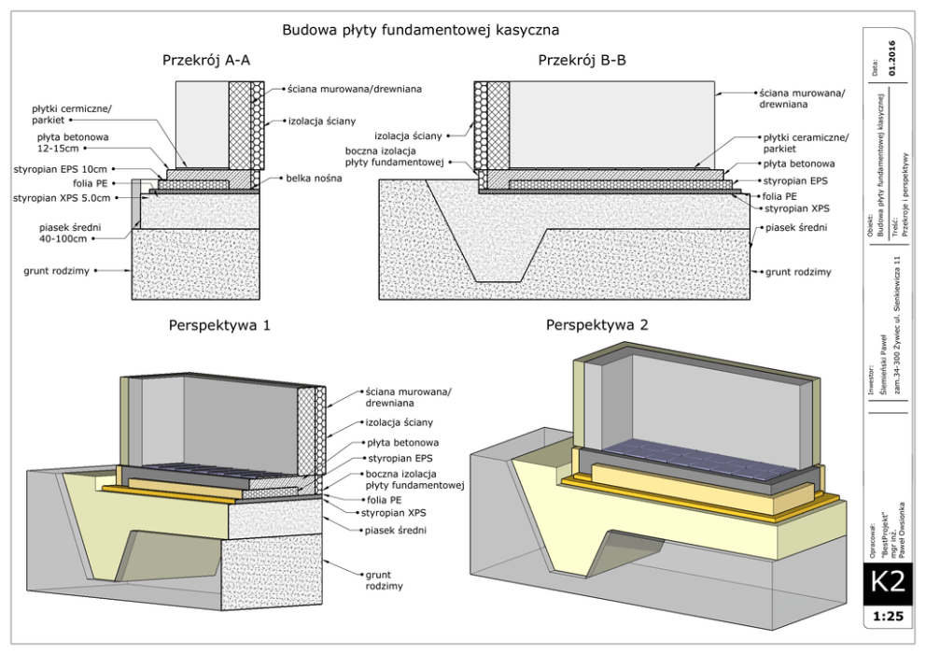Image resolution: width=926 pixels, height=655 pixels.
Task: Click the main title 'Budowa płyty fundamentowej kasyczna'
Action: click(x=420, y=30)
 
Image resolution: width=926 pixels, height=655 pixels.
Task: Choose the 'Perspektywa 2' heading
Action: click(x=590, y=326)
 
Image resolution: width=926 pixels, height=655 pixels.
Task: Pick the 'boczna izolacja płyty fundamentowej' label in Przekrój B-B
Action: click(x=405, y=156)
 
